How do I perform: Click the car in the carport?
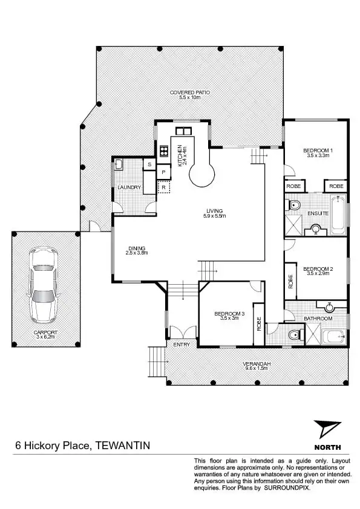point(43,284)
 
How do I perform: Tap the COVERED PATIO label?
point(189,92)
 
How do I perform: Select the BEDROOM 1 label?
point(317,150)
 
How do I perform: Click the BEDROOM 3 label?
point(229,313)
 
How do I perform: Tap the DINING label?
point(137,247)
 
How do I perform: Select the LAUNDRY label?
point(129,187)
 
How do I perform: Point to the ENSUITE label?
point(318,213)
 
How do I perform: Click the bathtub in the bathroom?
point(335,336)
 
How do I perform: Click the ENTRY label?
point(182,345)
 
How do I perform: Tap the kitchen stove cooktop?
point(163,151)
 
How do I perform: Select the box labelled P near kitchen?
point(163,173)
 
